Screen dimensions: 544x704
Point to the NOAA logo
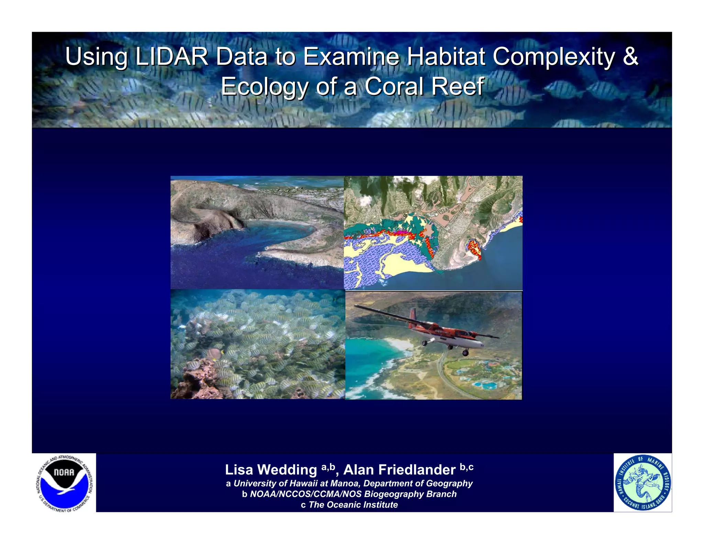tap(64, 482)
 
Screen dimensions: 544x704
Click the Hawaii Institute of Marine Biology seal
tap(642, 482)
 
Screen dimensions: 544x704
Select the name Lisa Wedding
tap(271, 470)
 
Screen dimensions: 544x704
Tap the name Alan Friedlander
tap(399, 470)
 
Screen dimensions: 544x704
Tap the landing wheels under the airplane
tap(465, 352)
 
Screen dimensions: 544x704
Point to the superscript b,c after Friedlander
tap(466, 467)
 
